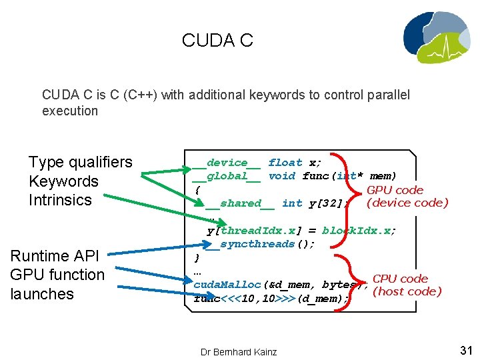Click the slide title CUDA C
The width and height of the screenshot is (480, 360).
click(x=217, y=41)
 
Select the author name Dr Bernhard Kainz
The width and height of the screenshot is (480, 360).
click(x=239, y=351)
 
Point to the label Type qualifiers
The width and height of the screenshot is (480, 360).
click(x=81, y=162)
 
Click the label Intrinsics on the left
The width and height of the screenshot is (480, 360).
click(x=60, y=200)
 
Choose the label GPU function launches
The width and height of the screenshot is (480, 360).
click(x=57, y=284)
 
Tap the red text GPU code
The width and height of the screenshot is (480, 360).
click(x=395, y=190)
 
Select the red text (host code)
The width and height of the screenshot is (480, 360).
click(x=407, y=291)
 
